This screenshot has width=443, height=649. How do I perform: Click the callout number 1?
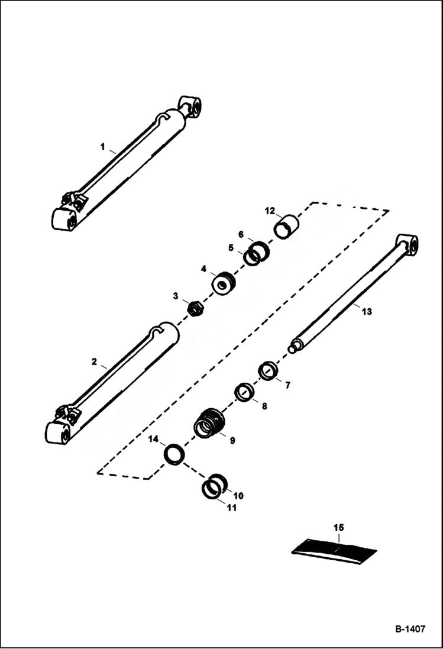(x=102, y=146)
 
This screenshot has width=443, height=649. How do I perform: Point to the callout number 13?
(x=367, y=311)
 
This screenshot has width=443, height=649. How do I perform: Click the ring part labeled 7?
(x=268, y=372)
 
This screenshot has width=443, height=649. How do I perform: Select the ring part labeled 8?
(x=243, y=392)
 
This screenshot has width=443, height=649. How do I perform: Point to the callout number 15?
(x=338, y=527)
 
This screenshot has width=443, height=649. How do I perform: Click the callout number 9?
(x=232, y=441)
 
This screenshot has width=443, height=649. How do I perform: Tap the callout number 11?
(x=232, y=508)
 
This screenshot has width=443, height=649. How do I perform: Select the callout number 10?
(x=238, y=495)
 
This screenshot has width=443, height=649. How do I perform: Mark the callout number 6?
(x=241, y=234)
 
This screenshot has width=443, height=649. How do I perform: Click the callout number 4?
(x=203, y=269)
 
